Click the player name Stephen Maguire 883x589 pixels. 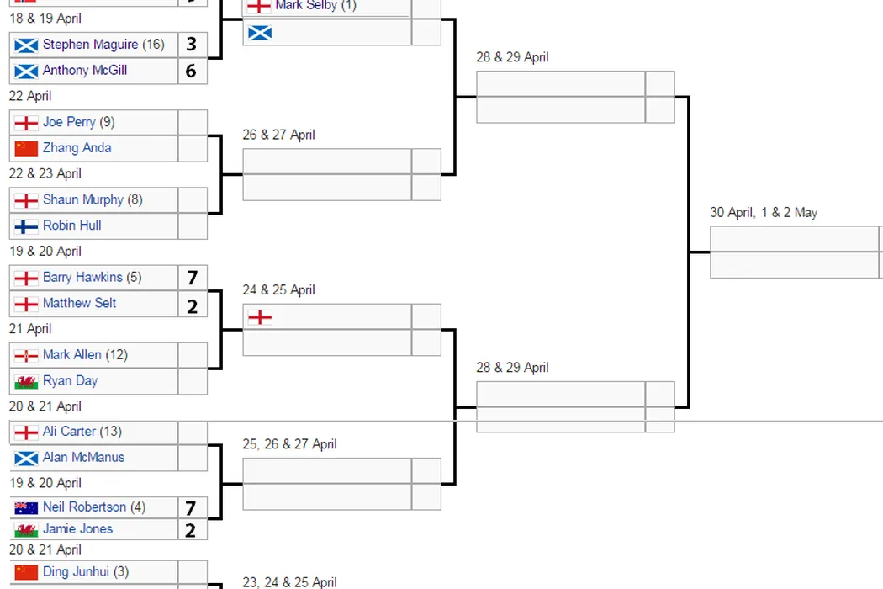[91, 45]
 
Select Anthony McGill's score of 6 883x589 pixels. [192, 71]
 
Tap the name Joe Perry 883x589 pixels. [69, 122]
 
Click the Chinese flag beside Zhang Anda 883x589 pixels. [26, 148]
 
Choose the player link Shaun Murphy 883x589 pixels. [82, 199]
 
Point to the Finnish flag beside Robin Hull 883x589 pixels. [26, 226]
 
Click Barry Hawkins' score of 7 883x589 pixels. [192, 278]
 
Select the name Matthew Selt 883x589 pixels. [79, 303]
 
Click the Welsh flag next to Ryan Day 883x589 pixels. [26, 381]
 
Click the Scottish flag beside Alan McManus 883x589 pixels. [26, 458]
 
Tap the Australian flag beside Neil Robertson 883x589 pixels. [26, 507]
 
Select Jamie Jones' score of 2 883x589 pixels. [192, 530]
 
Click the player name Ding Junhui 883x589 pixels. [76, 572]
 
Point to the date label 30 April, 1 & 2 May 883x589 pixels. [764, 212]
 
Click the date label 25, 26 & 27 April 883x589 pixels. [289, 444]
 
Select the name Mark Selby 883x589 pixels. [305, 6]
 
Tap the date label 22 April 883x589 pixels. [30, 96]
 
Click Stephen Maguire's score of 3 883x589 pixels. [192, 45]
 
